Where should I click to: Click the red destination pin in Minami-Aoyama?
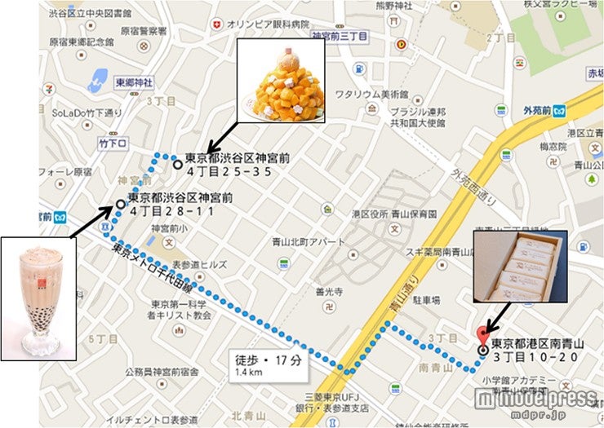(482, 334)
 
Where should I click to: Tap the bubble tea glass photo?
(38, 298)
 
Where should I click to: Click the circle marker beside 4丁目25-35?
(178, 163)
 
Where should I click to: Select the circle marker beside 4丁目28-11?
(121, 204)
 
